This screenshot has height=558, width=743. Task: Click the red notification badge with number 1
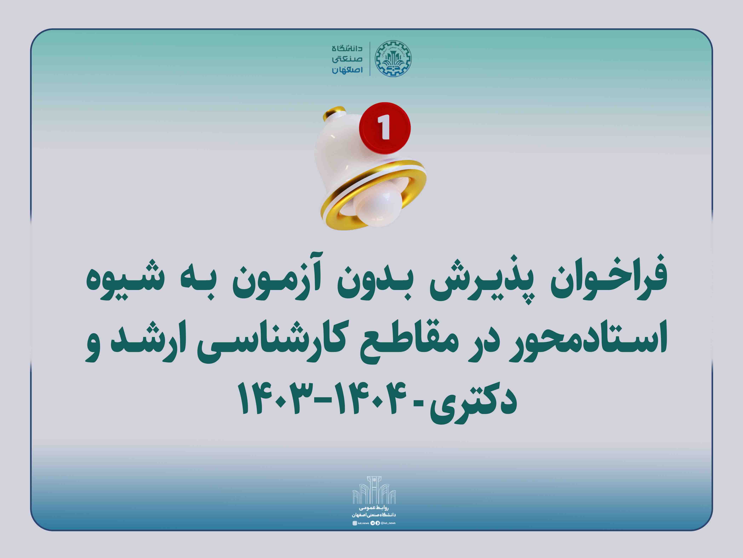pos(385,128)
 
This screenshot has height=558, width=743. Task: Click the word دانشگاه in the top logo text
pos(347,48)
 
